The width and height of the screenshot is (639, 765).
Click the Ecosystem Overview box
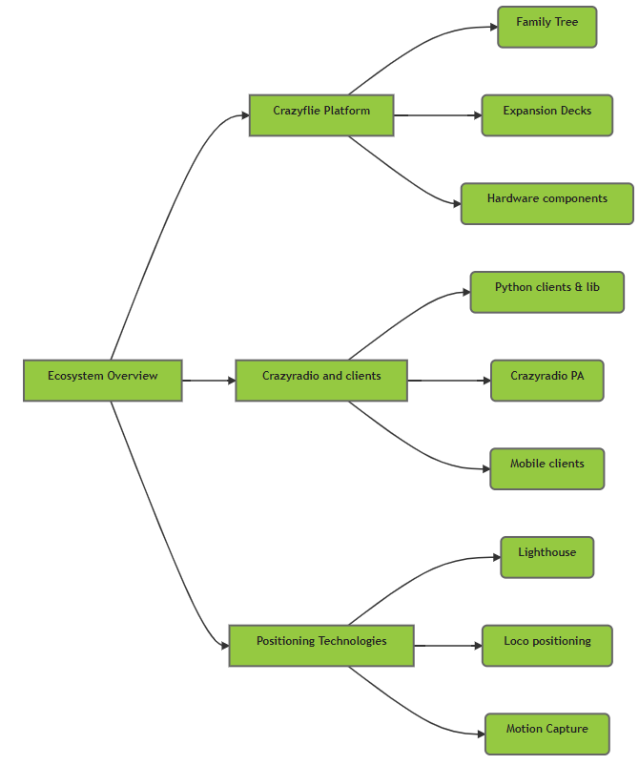(x=103, y=381)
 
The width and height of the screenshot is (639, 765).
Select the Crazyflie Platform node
(x=321, y=115)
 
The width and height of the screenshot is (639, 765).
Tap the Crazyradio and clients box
(x=321, y=381)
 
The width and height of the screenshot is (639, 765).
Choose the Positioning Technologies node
(x=321, y=646)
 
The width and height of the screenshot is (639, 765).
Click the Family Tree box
(x=546, y=27)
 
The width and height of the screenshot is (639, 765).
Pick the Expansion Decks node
(x=546, y=115)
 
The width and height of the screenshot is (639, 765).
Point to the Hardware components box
(x=546, y=204)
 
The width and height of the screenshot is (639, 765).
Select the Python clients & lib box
(x=546, y=292)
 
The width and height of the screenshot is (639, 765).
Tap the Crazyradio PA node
(x=546, y=381)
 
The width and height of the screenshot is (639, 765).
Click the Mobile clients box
(x=546, y=469)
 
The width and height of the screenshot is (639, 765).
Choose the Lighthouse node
(x=546, y=558)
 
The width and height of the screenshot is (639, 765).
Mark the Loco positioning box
(x=546, y=646)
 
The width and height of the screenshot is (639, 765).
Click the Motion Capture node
(x=546, y=734)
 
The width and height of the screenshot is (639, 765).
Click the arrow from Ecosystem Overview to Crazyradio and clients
(x=209, y=381)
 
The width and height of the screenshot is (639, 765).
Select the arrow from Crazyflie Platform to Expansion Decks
(x=438, y=115)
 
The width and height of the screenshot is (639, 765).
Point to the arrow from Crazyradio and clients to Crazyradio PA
(x=449, y=381)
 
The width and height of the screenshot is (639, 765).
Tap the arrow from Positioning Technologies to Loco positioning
(x=448, y=646)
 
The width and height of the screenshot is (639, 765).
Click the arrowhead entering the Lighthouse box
(x=497, y=557)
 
